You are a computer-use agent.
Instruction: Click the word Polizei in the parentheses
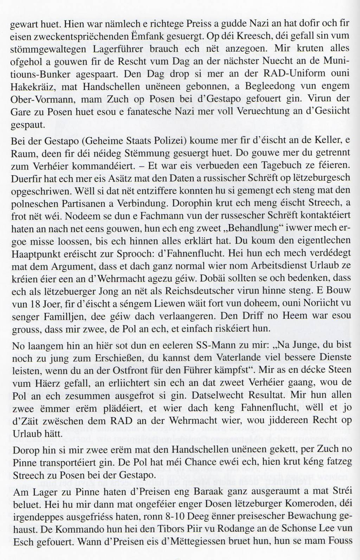click(165, 141)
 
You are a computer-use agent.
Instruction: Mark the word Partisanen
click(86, 203)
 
